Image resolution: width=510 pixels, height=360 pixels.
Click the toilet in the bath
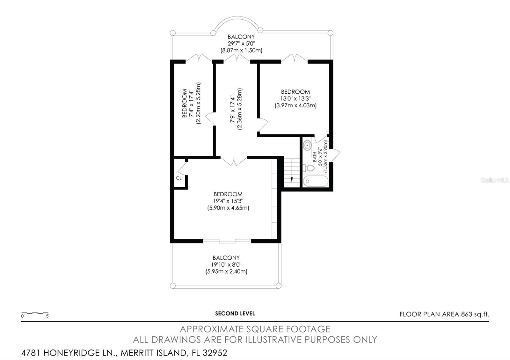pyautogui.click(x=309, y=168)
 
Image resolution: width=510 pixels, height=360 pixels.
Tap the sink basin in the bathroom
pyautogui.click(x=307, y=145)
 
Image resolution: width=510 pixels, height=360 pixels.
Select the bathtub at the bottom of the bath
pyautogui.click(x=316, y=181)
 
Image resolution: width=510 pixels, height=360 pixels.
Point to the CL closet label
pyautogui.click(x=179, y=178)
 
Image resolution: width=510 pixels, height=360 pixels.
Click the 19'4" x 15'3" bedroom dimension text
pyautogui.click(x=228, y=201)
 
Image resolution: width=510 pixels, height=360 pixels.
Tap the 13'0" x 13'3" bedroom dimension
pyautogui.click(x=295, y=98)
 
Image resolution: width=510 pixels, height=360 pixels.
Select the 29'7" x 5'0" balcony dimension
pyautogui.click(x=241, y=43)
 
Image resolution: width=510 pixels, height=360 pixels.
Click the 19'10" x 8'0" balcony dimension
pyautogui.click(x=226, y=265)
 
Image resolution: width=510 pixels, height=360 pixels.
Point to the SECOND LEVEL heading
pyautogui.click(x=235, y=313)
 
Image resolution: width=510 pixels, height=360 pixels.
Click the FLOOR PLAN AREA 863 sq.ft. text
pyautogui.click(x=444, y=314)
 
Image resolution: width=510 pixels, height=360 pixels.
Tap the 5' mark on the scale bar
pyautogui.click(x=47, y=316)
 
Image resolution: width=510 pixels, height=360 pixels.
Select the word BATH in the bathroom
pyautogui.click(x=315, y=157)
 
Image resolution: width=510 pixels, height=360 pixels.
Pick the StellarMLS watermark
pyautogui.click(x=494, y=180)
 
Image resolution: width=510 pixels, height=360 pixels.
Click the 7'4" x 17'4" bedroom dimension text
pyautogui.click(x=191, y=103)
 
